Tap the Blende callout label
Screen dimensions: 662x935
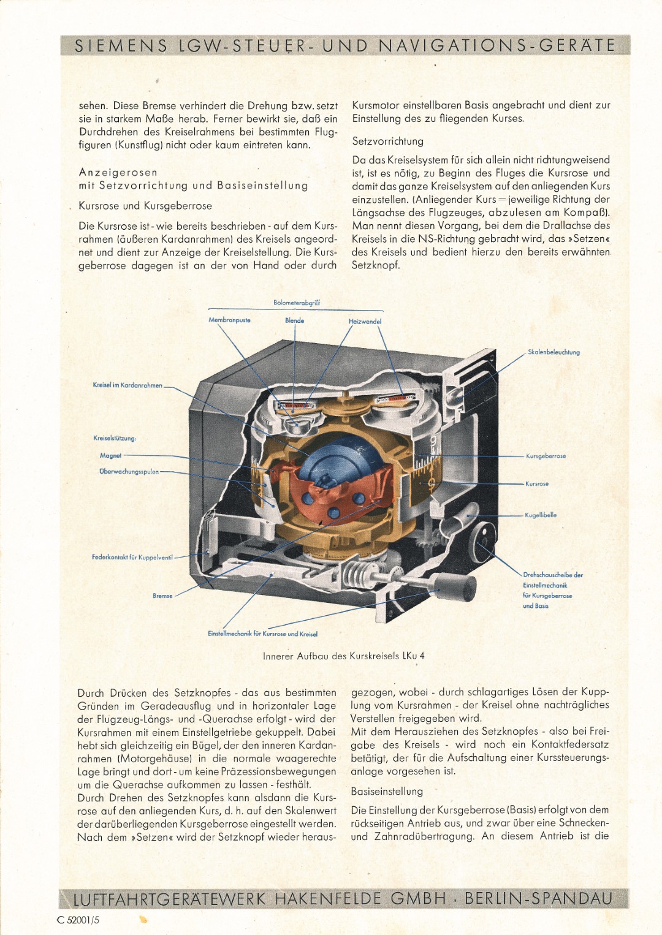[294, 320]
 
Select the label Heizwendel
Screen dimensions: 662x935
[365, 322]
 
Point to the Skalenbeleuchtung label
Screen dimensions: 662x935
[554, 352]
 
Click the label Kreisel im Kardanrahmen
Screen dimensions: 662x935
[127, 385]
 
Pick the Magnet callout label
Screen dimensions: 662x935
[111, 455]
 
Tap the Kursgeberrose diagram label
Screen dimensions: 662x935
[546, 456]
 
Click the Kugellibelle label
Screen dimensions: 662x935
[541, 515]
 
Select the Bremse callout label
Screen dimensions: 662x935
[162, 596]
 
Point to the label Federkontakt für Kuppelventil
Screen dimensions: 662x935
[132, 557]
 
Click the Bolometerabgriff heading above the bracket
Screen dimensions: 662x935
[297, 303]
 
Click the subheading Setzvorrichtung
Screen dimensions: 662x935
[387, 141]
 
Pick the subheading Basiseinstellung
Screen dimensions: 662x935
[387, 791]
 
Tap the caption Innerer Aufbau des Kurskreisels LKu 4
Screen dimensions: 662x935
[344, 656]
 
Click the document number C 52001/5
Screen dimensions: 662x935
[78, 920]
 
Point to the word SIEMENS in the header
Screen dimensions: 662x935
[121, 45]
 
